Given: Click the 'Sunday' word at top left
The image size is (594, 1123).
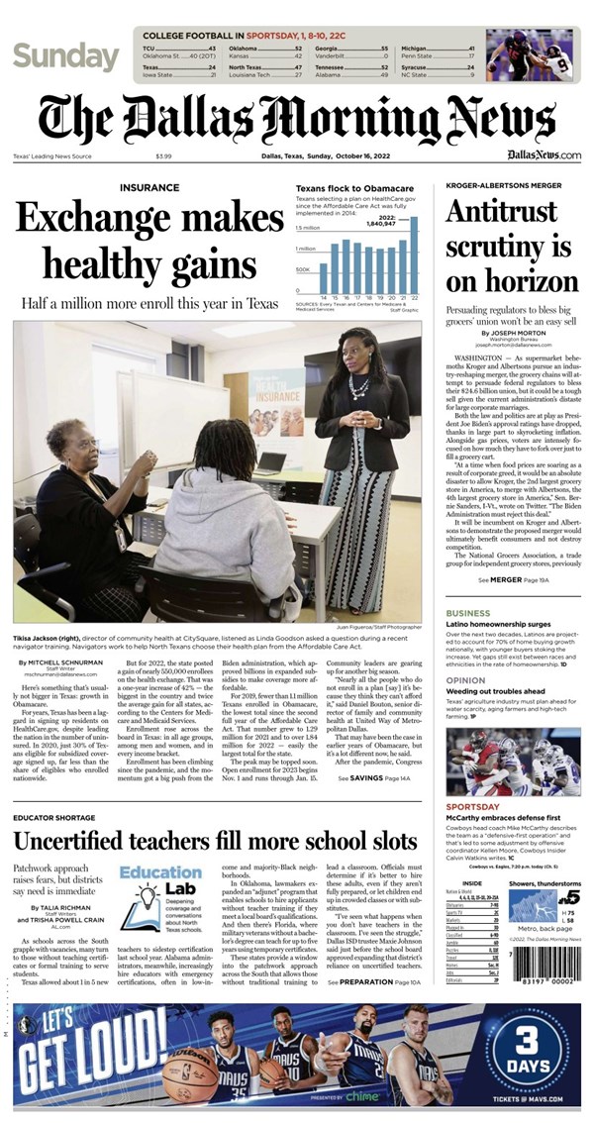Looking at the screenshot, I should pyautogui.click(x=65, y=56).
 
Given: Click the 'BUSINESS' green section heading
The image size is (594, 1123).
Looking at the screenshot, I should pyautogui.click(x=468, y=614).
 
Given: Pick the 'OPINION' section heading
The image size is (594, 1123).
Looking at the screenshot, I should pyautogui.click(x=466, y=681).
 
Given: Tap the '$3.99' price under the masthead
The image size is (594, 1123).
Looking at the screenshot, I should pyautogui.click(x=163, y=155).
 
